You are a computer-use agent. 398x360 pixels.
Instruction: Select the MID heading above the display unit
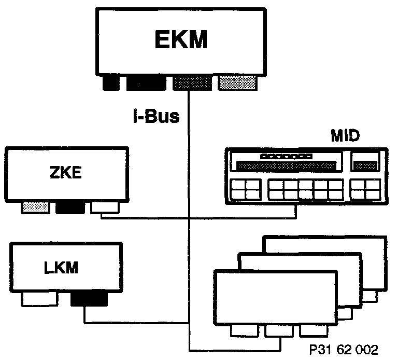345,138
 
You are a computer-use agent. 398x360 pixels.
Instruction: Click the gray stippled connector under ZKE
36,207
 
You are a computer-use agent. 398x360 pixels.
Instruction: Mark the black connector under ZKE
69,207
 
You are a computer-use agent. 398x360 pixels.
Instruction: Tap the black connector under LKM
89,299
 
